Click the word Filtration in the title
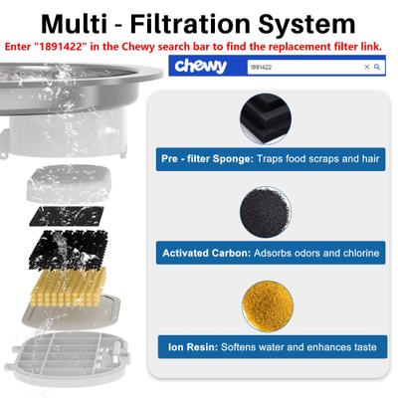[190, 24]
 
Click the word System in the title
[306, 25]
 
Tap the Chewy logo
[201, 66]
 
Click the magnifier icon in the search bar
[377, 67]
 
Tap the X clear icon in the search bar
[367, 67]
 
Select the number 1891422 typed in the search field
[261, 68]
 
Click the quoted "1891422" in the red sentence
[59, 47]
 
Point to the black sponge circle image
[266, 118]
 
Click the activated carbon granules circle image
[266, 212]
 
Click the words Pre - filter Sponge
[207, 159]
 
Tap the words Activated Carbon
[207, 253]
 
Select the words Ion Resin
[193, 347]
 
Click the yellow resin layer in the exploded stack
[69, 288]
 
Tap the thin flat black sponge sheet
[67, 216]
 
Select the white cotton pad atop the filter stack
[69, 183]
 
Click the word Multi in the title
[74, 24]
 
